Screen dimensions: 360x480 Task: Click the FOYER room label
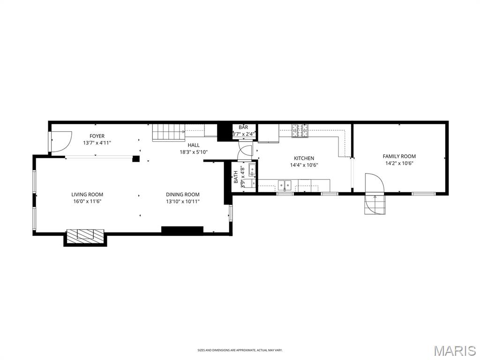tap(97, 136)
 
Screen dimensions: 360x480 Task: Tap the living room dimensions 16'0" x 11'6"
tap(87, 201)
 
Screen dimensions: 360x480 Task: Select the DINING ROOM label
tap(182, 195)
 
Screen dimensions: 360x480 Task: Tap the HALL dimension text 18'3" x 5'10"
tap(194, 152)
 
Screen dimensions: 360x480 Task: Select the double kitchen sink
tap(284, 184)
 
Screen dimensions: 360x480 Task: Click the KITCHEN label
tap(304, 158)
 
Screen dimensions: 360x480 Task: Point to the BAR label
tap(243, 127)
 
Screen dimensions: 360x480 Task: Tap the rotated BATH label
tap(236, 177)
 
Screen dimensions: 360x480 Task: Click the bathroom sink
tap(252, 170)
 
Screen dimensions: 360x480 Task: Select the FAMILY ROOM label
tap(399, 157)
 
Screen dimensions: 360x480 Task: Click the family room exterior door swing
tap(374, 183)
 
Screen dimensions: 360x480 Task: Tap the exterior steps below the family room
tap(375, 204)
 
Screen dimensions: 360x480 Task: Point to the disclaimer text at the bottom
tap(240, 350)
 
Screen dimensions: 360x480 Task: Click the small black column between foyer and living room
tap(136, 159)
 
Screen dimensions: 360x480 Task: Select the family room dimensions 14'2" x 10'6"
tap(399, 164)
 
